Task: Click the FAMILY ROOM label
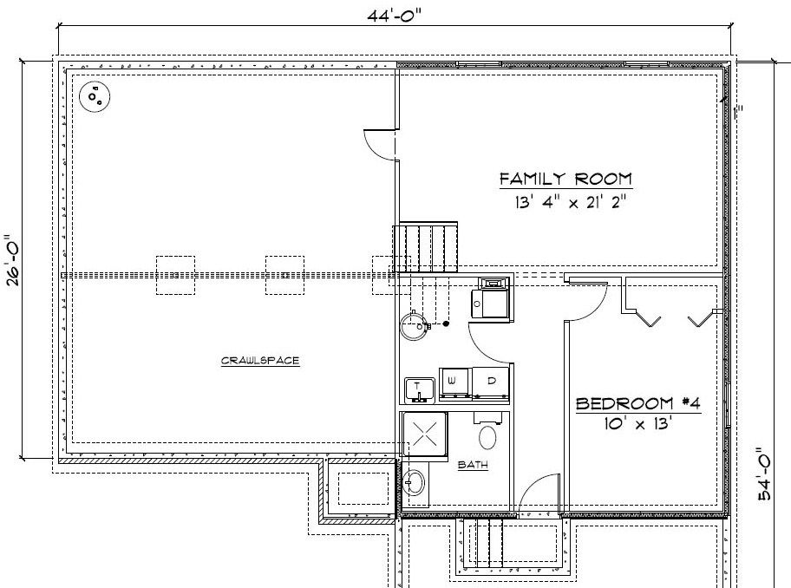tap(565, 180)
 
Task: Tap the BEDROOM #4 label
tap(637, 403)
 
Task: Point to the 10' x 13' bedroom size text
tap(638, 425)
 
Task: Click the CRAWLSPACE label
tap(260, 360)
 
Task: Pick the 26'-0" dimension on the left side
tap(10, 261)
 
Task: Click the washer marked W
tap(454, 381)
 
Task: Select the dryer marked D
tap(490, 381)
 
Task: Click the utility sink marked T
tap(420, 389)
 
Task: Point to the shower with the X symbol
tap(424, 434)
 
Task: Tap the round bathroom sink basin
tap(414, 481)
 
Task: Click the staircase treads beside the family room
tap(427, 249)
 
